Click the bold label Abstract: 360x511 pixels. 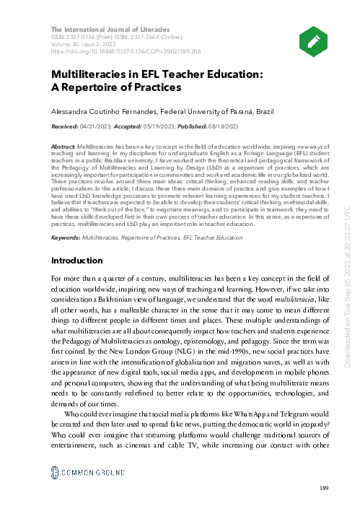coord(62,146)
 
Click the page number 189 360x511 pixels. coord(323,489)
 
